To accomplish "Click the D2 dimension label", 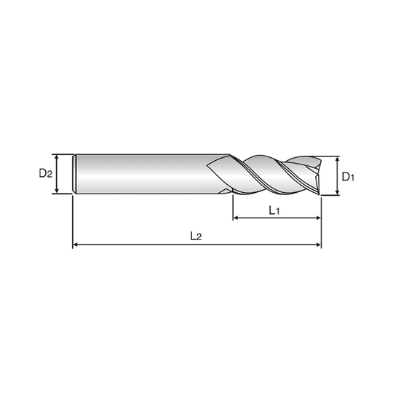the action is [46, 173].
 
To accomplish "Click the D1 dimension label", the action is [348, 177].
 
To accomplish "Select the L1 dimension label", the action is [274, 210].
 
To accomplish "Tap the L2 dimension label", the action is [196, 236].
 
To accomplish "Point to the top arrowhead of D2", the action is [57, 157].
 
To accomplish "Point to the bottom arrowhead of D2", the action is [57, 190].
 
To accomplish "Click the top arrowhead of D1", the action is [338, 159].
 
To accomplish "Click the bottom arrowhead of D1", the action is [338, 192].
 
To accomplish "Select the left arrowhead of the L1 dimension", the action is [236, 218].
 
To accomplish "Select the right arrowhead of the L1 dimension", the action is [318, 218].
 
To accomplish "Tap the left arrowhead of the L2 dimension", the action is [76, 245].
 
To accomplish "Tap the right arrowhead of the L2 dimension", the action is [318, 245].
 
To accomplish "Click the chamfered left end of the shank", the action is [74, 174].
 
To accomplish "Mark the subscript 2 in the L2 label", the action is [199, 237].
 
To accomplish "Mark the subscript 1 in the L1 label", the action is [277, 212].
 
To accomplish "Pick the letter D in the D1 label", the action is [346, 176].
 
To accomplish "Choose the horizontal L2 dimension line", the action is [196, 245].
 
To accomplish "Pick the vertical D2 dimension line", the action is [57, 174].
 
